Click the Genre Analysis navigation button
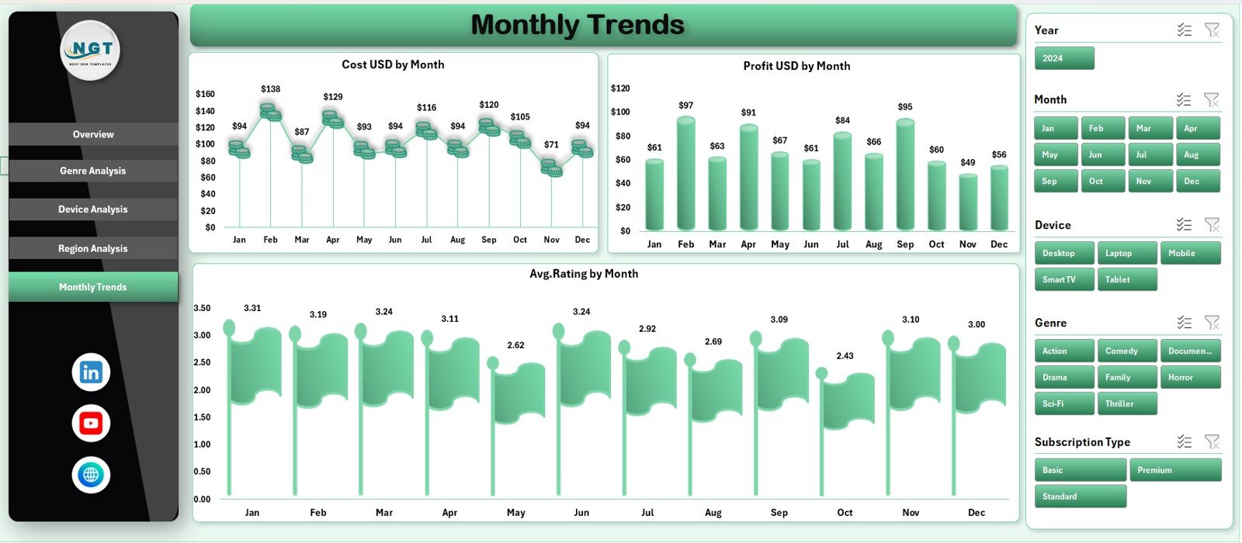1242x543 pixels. point(93,171)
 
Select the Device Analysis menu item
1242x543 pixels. point(93,209)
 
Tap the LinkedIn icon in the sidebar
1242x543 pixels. point(91,372)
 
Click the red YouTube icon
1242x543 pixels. point(91,424)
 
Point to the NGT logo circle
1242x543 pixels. point(90,50)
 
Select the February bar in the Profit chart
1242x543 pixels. point(686,174)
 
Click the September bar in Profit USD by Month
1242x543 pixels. point(905,175)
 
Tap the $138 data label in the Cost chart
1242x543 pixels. point(271,89)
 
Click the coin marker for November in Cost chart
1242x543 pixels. point(551,168)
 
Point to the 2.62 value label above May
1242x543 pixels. point(515,345)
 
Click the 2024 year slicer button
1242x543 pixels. point(1064,58)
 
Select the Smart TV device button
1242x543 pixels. point(1064,279)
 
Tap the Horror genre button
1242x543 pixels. point(1189,377)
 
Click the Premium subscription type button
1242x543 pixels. point(1175,470)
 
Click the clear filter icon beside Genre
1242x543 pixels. point(1212,322)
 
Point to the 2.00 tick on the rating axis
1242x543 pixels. point(202,390)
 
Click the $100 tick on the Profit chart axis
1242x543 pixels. point(620,112)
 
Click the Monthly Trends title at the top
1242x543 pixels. point(578,25)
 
